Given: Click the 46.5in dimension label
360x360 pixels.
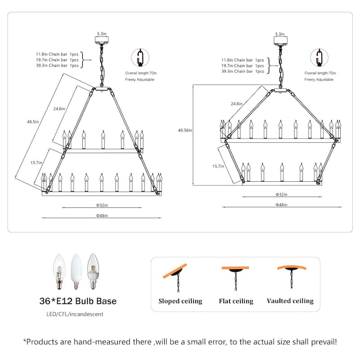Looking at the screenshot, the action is point(33,121).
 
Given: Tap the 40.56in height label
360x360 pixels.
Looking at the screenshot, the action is point(185,130).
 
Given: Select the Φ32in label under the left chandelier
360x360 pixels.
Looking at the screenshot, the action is point(102,205).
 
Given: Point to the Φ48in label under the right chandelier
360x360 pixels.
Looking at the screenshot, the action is point(281,205).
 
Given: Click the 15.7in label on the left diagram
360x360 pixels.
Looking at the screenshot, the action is point(36,162).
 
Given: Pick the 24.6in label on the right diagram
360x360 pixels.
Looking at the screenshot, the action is point(237,103).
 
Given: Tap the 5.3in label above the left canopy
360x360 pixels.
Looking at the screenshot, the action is point(102,34).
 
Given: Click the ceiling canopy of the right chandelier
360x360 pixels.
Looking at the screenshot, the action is point(280,40).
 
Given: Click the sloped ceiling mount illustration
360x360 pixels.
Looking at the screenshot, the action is point(175,277).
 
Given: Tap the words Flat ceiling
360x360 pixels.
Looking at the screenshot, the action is point(236,301).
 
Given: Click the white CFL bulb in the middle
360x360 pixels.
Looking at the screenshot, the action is point(76,271).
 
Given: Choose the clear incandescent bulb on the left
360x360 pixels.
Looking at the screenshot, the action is point(59,271).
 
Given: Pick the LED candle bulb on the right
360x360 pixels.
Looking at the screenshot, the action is point(93,271).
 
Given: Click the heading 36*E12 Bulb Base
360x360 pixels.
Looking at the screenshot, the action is point(78,301).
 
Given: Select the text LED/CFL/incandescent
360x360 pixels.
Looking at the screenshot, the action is point(75,314).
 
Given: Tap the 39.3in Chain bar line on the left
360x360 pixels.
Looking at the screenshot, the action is point(57,65).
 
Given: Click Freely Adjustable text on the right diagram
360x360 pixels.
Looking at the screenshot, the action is point(319,80).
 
